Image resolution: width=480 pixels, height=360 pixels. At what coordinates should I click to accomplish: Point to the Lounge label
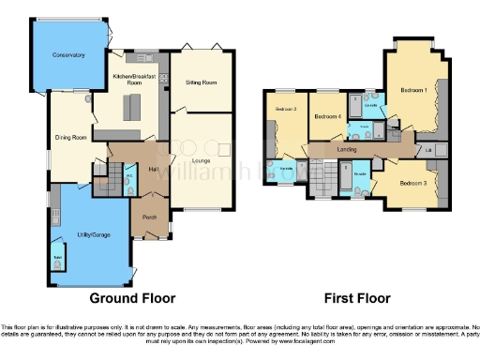pyautogui.click(x=200, y=160)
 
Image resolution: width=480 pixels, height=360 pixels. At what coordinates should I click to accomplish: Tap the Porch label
pyautogui.click(x=149, y=217)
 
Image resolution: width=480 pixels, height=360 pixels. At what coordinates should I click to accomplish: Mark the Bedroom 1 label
pyautogui.click(x=413, y=90)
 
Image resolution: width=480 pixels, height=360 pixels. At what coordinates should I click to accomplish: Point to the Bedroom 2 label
pyautogui.click(x=286, y=110)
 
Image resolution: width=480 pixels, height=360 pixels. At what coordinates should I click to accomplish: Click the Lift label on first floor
pyautogui.click(x=428, y=150)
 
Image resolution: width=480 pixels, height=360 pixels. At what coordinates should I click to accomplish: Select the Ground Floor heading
pyautogui.click(x=132, y=298)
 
